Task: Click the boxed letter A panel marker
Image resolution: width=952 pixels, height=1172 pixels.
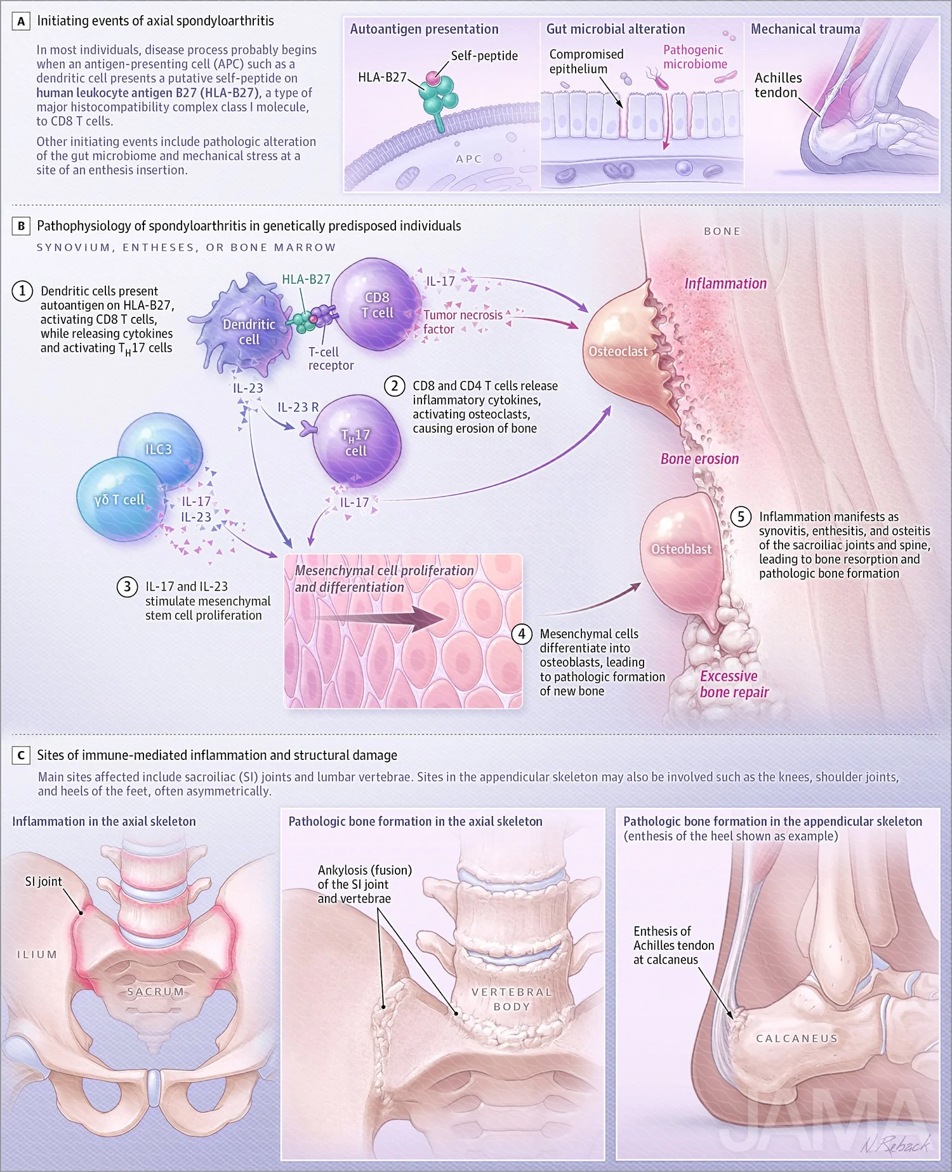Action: [21, 22]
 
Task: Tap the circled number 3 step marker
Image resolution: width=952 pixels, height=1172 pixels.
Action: [127, 587]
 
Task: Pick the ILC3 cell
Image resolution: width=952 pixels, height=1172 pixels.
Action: [160, 448]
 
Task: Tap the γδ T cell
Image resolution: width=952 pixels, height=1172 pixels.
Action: [119, 500]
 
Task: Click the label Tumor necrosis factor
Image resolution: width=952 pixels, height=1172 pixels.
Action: [462, 322]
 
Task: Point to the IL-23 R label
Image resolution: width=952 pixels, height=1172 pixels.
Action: [298, 408]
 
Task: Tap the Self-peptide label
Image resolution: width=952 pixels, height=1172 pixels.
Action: [484, 56]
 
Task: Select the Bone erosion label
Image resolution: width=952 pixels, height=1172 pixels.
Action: [699, 459]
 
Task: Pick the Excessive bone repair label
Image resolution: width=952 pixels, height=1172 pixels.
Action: [734, 684]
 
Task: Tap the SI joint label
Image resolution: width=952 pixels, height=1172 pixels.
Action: [43, 881]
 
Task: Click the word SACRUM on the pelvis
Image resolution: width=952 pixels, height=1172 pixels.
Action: [155, 992]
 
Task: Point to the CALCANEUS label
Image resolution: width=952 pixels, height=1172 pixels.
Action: [797, 1039]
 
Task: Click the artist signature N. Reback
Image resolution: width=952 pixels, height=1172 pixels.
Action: [895, 1143]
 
